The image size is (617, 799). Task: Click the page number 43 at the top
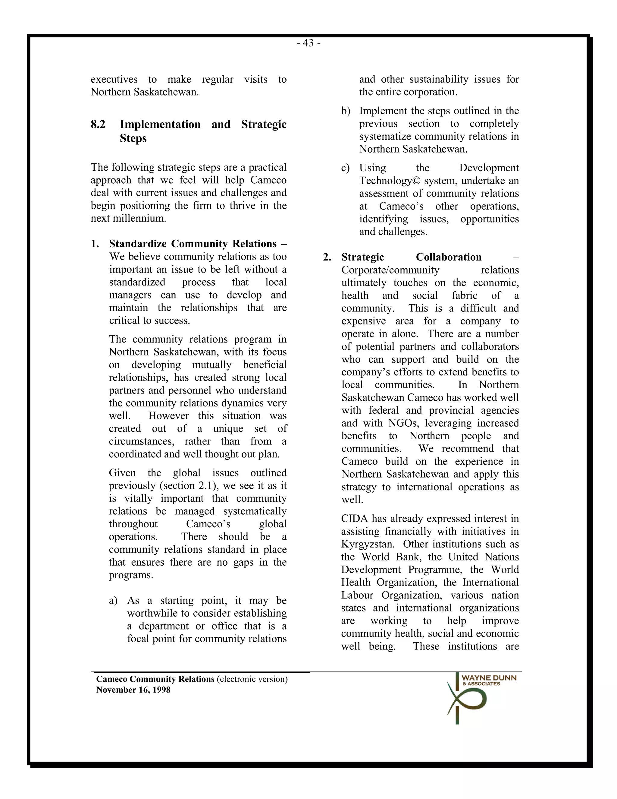[x=308, y=43]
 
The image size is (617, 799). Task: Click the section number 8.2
[x=98, y=125]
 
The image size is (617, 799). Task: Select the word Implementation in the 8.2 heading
[x=160, y=125]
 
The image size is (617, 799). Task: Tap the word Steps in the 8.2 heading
[x=133, y=138]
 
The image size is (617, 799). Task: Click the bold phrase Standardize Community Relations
[x=193, y=244]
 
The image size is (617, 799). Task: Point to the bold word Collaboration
[x=449, y=257]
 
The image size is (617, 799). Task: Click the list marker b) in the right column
[x=346, y=111]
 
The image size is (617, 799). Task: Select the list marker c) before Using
[x=346, y=168]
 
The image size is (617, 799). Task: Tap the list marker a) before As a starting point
[x=113, y=600]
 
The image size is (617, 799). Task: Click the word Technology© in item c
[x=390, y=181]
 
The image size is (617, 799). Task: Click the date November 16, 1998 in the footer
[x=133, y=690]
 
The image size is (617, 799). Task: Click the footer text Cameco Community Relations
[x=155, y=679]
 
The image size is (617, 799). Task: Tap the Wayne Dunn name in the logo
[x=489, y=678]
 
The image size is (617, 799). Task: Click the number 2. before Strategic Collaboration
[x=327, y=257]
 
